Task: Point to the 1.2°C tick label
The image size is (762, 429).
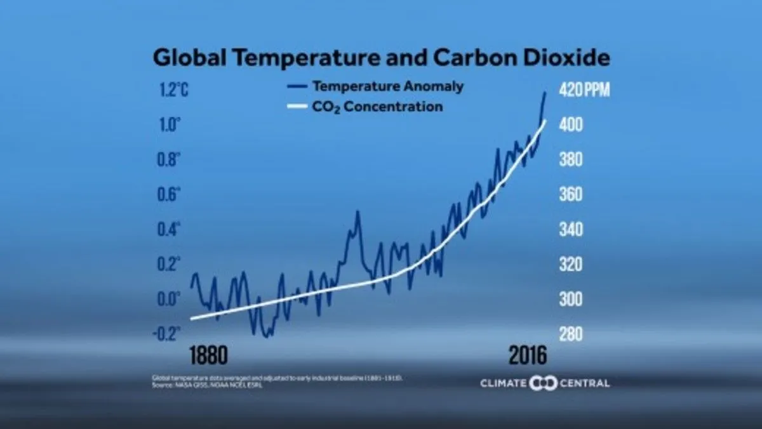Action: [x=173, y=90]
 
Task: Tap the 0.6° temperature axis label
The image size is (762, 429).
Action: [x=169, y=194]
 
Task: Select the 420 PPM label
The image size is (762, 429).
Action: [x=584, y=90]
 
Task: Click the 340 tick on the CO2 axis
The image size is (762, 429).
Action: [x=570, y=229]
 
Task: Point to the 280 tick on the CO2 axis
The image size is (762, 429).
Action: [x=570, y=333]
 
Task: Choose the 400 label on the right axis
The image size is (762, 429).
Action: [x=570, y=125]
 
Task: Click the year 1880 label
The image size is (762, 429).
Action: [x=208, y=356]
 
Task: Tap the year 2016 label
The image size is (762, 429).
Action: [x=527, y=356]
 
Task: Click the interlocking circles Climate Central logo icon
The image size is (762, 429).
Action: [x=543, y=383]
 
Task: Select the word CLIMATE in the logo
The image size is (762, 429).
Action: [x=503, y=383]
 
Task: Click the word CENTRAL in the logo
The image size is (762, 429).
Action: [x=584, y=383]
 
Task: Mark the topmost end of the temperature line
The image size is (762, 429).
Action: [x=545, y=93]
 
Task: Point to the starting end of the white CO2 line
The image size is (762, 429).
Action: [x=191, y=319]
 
